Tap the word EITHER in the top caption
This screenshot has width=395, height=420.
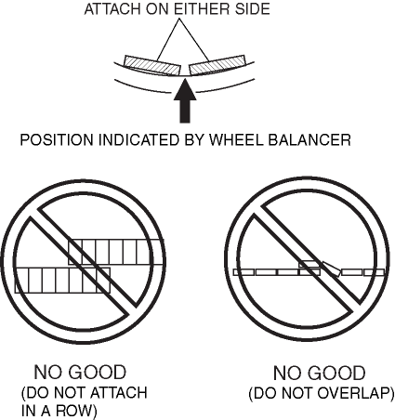[201, 9]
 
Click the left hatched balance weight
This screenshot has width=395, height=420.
[152, 65]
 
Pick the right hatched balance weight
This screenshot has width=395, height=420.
[217, 65]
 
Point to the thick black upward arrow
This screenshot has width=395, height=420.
[185, 100]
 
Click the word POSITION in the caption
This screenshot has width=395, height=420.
[57, 139]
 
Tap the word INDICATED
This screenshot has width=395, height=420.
[139, 139]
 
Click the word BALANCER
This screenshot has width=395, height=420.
[309, 139]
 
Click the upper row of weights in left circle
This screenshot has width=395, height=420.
[116, 252]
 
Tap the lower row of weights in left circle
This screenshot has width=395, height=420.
[62, 281]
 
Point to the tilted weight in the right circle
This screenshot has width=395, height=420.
[332, 269]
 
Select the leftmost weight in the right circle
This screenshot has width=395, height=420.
[244, 272]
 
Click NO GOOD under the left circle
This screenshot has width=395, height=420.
[80, 372]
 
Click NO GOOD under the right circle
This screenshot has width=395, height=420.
[319, 373]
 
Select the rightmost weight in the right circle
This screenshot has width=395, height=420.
[375, 272]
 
